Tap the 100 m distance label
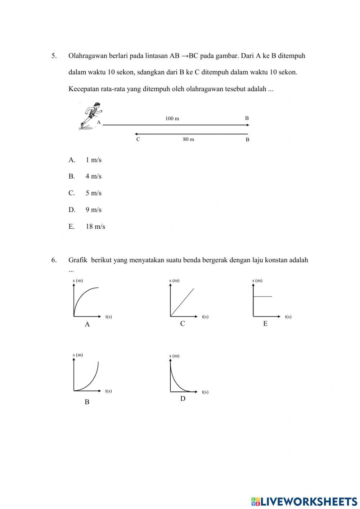[x=172, y=119]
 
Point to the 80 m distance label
[x=188, y=139]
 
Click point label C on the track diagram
[x=138, y=139]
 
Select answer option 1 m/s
[x=93, y=160]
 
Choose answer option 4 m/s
[x=93, y=177]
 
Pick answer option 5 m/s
[x=93, y=193]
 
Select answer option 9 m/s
[x=93, y=210]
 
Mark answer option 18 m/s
[x=95, y=227]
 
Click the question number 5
[x=54, y=56]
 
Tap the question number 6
[x=54, y=260]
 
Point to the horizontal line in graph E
[x=263, y=296]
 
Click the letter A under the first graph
[x=87, y=325]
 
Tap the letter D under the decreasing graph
[x=183, y=399]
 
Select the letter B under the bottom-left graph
[x=87, y=402]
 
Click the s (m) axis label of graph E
[x=257, y=280]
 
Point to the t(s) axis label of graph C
[x=205, y=317]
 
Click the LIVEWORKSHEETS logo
[x=304, y=501]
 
